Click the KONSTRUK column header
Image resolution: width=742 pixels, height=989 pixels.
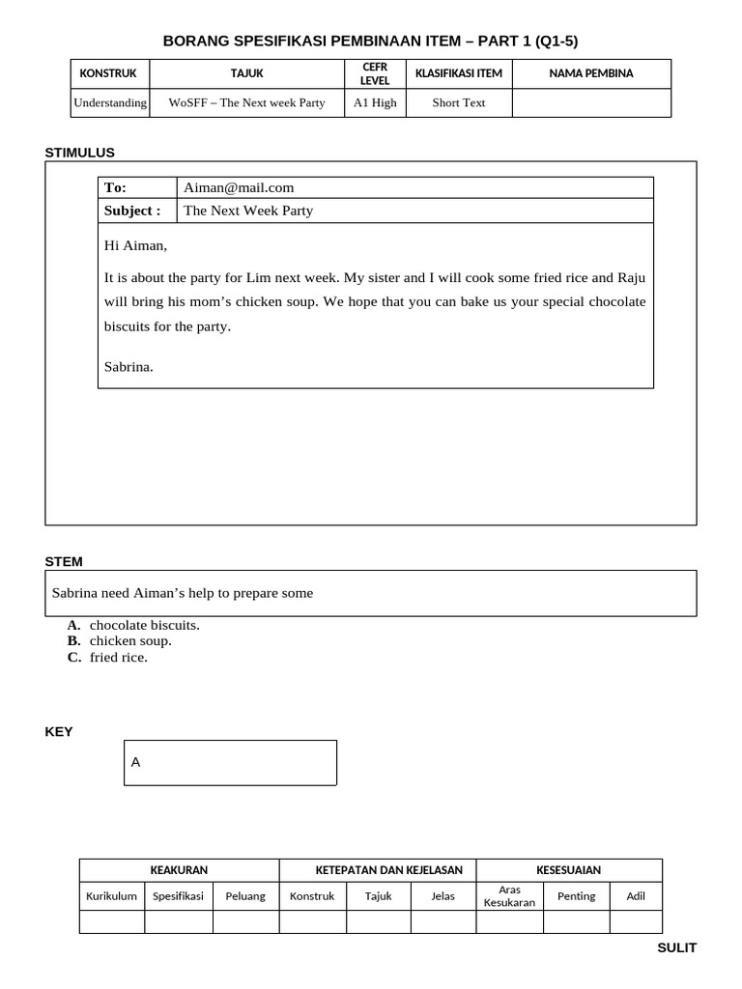[x=108, y=73]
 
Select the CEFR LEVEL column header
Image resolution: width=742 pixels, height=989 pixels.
[x=374, y=73]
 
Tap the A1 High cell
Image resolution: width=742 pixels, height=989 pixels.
[x=375, y=102]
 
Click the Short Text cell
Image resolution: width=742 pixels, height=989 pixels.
[x=459, y=102]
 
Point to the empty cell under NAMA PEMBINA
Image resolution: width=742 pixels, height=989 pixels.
[x=590, y=102]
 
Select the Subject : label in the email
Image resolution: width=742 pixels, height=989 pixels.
[x=132, y=211]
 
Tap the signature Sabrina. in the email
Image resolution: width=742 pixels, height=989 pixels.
[x=128, y=366]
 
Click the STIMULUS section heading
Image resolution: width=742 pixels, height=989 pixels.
[x=80, y=152]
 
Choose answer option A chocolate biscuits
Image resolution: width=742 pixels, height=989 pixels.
[x=144, y=625]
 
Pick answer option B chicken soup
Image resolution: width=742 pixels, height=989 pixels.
[x=129, y=640]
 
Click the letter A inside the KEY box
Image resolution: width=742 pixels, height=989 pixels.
[x=136, y=762]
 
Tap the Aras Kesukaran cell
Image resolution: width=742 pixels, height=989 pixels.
[x=509, y=895]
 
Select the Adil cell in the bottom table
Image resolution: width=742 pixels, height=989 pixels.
[x=636, y=895]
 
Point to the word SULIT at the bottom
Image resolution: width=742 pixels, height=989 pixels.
[x=676, y=947]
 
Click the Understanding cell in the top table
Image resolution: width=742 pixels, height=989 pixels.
[x=110, y=102]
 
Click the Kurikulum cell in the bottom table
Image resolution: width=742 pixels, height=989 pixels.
[x=111, y=895]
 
